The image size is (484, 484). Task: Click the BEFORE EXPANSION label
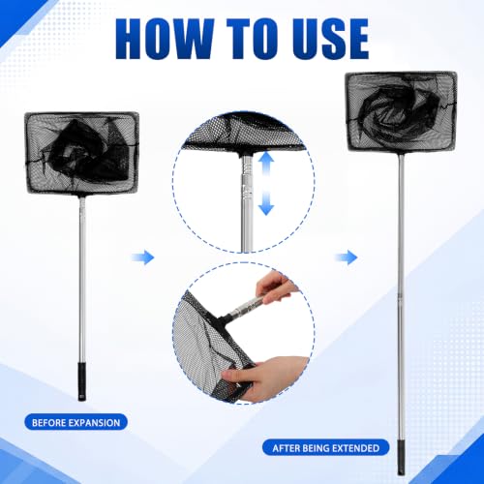(x=76, y=422)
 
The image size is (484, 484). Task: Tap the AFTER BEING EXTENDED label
(x=326, y=448)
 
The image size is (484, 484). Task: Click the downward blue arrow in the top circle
(x=266, y=203)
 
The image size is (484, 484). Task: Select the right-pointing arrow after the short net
(x=143, y=257)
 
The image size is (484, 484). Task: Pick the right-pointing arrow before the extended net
(x=346, y=257)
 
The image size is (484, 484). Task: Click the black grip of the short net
(x=82, y=381)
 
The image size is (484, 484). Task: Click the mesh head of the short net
(x=81, y=153)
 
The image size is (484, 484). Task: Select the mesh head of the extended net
(x=401, y=112)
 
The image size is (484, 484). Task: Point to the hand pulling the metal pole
(x=274, y=287)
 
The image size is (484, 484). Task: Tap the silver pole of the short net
(x=82, y=279)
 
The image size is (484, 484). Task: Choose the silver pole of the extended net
(x=401, y=296)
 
